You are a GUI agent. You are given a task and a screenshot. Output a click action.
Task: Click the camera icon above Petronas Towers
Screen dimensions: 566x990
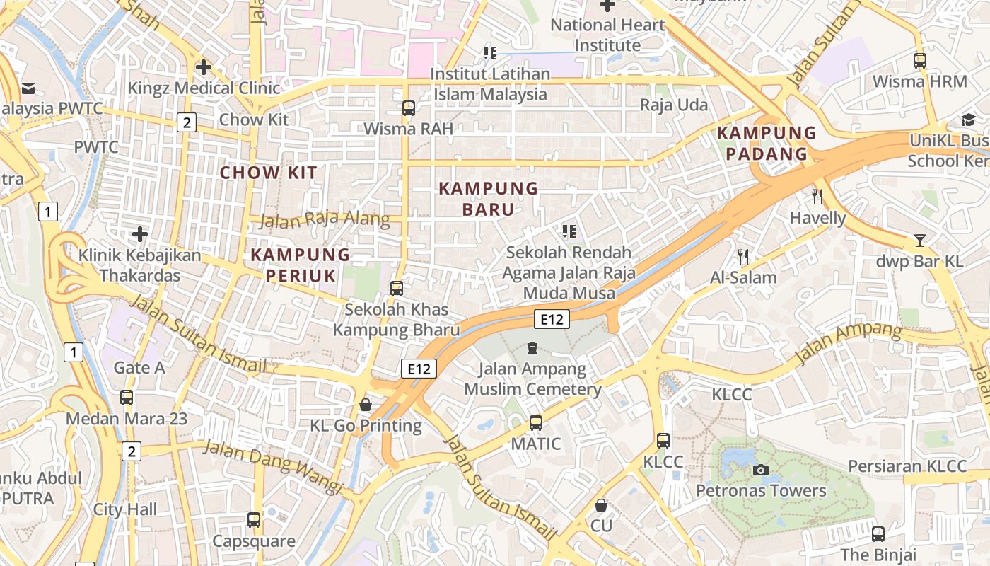tap(761, 470)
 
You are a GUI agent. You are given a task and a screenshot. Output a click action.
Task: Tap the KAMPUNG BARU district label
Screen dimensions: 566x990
tap(489, 199)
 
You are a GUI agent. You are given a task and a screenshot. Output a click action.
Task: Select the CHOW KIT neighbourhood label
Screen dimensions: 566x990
tap(269, 173)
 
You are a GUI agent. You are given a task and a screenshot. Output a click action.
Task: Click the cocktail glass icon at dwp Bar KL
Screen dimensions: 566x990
tap(919, 241)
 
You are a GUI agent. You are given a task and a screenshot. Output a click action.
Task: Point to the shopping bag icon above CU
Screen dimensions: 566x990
tap(600, 505)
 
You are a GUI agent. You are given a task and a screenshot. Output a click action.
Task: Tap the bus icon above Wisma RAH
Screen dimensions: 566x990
tap(409, 108)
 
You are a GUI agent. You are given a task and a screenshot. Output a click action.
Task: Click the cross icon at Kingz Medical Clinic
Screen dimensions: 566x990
tap(204, 67)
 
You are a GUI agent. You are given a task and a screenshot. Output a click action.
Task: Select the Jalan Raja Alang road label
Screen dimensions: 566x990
tap(325, 219)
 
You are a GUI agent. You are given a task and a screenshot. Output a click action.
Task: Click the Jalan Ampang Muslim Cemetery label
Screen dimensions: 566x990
tap(532, 379)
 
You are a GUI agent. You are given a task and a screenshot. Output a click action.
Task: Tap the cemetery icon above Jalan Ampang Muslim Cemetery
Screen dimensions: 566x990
tap(532, 348)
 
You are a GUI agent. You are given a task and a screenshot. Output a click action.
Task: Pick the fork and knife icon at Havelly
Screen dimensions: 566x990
tap(818, 197)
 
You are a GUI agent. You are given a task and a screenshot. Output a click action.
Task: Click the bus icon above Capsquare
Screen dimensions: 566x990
tap(254, 520)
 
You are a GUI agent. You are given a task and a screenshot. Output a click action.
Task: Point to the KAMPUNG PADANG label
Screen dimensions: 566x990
tap(767, 143)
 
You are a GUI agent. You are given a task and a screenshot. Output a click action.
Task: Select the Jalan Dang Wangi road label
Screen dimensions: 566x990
tap(274, 467)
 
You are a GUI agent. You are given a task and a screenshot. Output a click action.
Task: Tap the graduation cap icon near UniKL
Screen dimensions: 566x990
tap(967, 120)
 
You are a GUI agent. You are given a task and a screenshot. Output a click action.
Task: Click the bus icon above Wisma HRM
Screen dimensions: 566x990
tap(919, 61)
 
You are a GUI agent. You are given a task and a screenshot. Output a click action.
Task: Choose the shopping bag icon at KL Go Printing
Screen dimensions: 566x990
tap(366, 405)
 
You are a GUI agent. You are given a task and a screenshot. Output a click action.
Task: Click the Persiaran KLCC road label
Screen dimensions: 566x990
tap(907, 466)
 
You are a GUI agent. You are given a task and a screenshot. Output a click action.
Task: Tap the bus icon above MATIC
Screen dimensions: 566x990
tap(536, 423)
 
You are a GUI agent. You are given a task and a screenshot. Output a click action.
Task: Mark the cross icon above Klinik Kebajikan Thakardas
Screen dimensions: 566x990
tap(140, 234)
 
